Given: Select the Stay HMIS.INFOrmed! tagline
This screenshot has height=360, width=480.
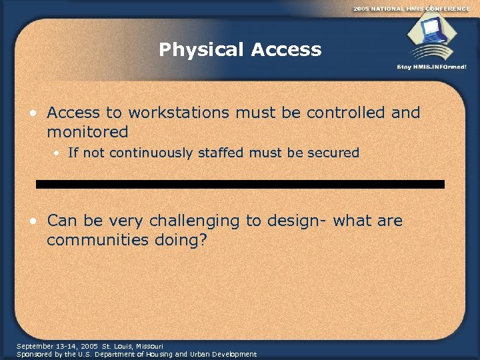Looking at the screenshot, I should click(431, 67).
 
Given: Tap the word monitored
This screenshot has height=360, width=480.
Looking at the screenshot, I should click(87, 132).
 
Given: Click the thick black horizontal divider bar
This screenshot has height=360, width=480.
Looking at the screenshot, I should click(240, 184).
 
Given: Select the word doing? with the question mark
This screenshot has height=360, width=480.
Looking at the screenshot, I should click(182, 240).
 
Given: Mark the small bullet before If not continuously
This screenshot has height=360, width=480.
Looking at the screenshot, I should click(57, 153).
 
